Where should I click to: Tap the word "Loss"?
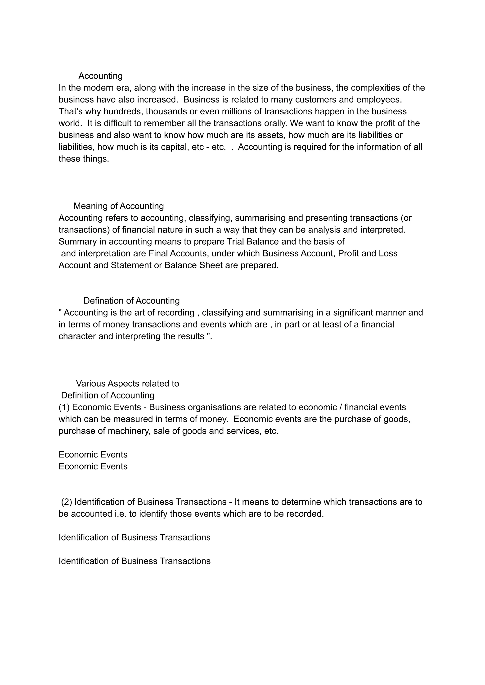pyautogui.click(x=388, y=254)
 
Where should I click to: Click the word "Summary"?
pyautogui.click(x=77, y=242)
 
